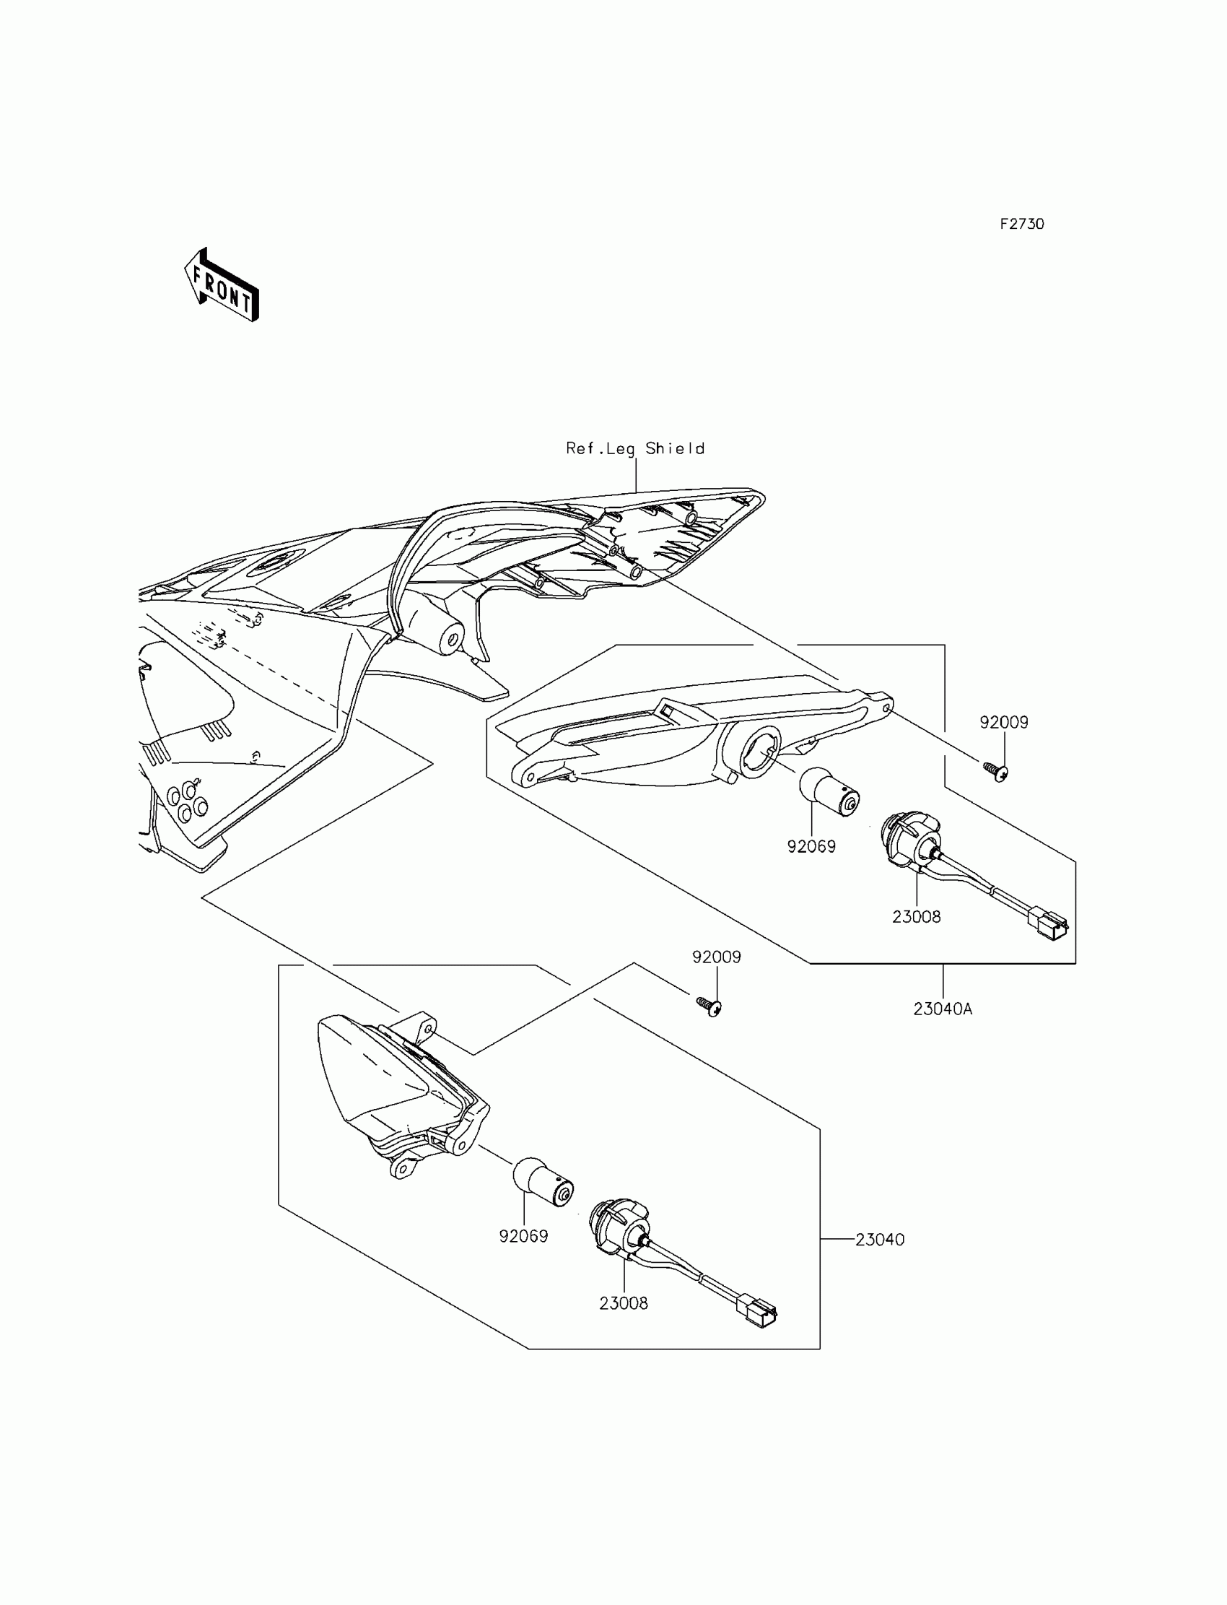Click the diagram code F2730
(x=1022, y=225)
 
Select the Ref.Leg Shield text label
(x=635, y=448)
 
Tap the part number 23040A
(x=942, y=1009)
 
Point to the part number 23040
(x=879, y=1240)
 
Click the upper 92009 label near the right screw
(x=1003, y=723)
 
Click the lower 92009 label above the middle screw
(x=717, y=957)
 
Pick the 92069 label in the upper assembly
(x=811, y=847)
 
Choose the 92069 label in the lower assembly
(x=523, y=1237)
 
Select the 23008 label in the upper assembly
(x=916, y=917)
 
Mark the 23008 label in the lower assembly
(x=623, y=1303)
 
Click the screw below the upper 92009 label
(x=995, y=770)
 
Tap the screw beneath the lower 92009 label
(x=709, y=1006)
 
